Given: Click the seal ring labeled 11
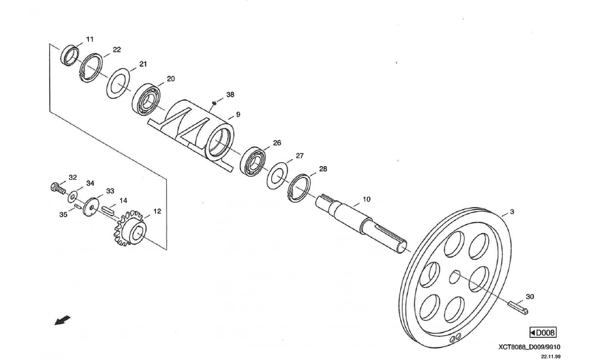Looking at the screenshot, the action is click(70, 55).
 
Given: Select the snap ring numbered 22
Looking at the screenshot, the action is click(91, 68).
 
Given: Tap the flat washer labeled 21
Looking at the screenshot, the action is click(118, 83).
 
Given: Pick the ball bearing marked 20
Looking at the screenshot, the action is click(148, 98).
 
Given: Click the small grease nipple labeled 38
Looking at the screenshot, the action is click(216, 102).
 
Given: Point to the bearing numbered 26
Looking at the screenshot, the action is click(255, 161).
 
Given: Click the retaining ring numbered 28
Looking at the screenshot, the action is click(299, 188).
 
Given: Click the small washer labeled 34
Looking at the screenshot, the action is click(73, 194).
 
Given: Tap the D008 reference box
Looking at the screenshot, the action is click(543, 333).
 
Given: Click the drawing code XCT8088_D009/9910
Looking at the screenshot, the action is click(529, 347).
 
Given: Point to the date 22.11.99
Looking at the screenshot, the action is click(550, 356).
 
